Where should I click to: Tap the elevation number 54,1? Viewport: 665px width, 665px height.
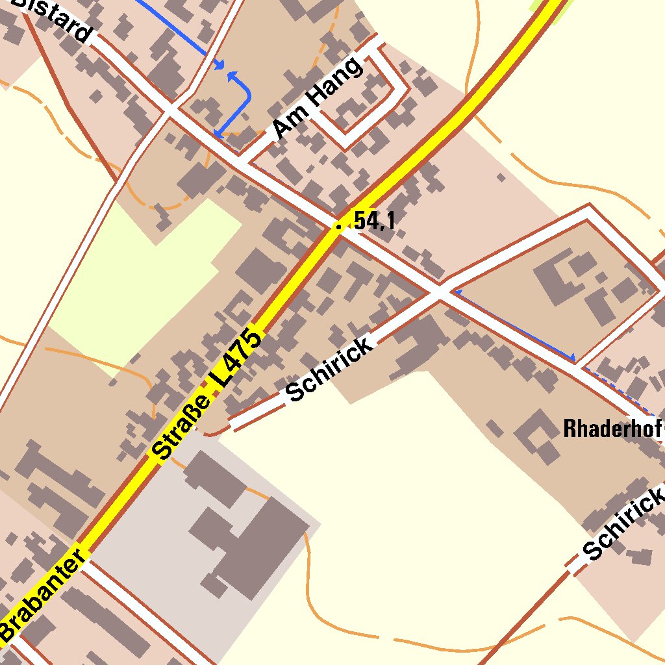tap(375, 221)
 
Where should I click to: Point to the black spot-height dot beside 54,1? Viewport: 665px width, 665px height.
tap(338, 226)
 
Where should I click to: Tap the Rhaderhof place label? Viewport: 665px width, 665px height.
tap(612, 429)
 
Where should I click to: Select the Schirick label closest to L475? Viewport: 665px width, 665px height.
tap(329, 370)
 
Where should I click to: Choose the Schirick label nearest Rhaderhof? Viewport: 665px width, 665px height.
tap(623, 523)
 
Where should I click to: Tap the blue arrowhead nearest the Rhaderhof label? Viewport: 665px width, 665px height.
tap(572, 357)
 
